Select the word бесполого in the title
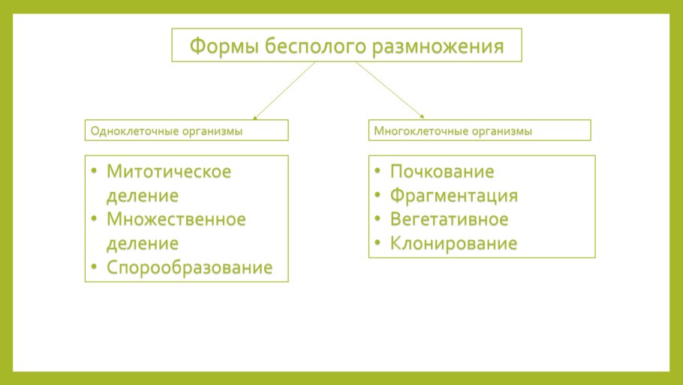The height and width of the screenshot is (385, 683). tap(315, 47)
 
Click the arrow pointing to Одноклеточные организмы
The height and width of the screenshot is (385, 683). tap(284, 90)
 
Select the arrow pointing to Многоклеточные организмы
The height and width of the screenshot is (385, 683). tap(390, 90)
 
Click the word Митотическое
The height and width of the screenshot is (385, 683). tap(169, 172)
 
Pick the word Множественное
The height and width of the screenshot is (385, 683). tap(176, 219)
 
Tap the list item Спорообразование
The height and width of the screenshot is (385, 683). tap(189, 267)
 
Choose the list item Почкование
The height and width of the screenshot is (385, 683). tap(442, 172)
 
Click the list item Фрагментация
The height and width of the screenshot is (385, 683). tap(454, 196)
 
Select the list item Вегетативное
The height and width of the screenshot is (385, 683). tap(449, 219)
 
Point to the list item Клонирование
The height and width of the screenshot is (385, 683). tap(453, 243)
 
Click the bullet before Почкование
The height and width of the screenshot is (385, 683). tap(378, 170)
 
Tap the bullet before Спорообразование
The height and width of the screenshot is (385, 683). tap(94, 266)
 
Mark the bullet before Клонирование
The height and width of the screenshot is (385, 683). tap(378, 242)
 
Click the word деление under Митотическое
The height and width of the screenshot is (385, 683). tap(143, 196)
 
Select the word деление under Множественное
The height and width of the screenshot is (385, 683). tap(143, 244)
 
